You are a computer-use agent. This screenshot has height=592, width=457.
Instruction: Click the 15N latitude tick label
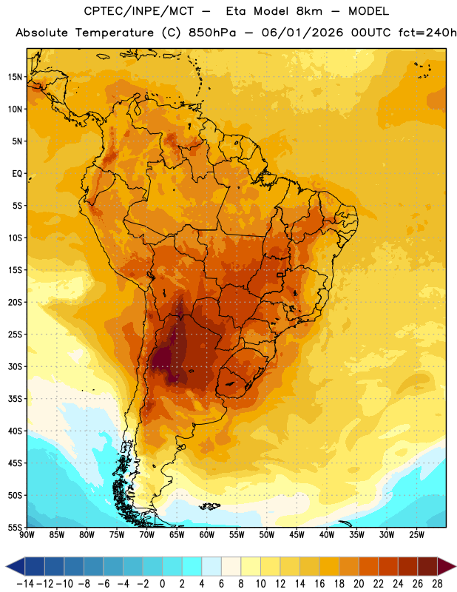tap(15, 77)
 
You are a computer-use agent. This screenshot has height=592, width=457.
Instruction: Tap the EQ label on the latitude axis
tap(17, 174)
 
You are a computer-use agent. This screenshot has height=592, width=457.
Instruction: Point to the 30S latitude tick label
tap(15, 366)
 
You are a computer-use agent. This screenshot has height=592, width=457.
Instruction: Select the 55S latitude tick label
tap(15, 528)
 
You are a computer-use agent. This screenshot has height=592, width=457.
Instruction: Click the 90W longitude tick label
tap(27, 535)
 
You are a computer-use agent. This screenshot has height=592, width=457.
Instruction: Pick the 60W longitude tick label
tap(207, 535)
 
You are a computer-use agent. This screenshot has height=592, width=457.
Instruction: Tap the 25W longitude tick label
tap(416, 535)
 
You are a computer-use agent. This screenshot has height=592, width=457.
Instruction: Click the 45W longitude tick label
tap(297, 535)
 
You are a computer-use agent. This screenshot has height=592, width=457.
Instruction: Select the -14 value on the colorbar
tap(25, 584)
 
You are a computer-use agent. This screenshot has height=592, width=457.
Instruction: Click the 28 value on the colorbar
tap(437, 584)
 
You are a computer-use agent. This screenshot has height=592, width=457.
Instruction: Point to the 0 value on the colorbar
tap(163, 584)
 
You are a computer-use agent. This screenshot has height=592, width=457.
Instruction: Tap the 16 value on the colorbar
tap(319, 584)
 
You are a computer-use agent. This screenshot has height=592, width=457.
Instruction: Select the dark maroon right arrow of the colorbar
tap(446, 566)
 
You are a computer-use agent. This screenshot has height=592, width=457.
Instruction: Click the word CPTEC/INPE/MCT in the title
tap(138, 11)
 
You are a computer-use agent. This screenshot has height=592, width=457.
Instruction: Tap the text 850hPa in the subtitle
tap(212, 33)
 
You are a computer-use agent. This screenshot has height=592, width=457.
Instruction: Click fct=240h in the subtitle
tap(427, 33)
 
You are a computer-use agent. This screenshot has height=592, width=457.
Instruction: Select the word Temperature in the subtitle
tap(115, 33)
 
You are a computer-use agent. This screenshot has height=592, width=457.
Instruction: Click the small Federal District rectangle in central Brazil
tap(280, 275)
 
